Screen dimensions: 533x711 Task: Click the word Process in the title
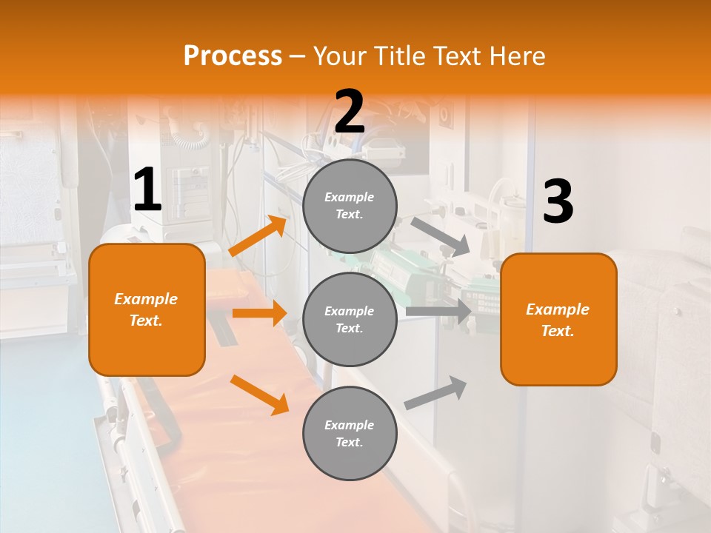(233, 56)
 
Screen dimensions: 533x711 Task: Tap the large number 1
(147, 190)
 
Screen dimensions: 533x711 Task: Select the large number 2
(350, 112)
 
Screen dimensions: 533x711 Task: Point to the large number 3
(558, 202)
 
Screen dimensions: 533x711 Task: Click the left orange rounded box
(147, 309)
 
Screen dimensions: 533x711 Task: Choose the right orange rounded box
(558, 319)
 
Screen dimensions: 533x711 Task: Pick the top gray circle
(350, 206)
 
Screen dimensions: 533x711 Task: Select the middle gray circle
(350, 319)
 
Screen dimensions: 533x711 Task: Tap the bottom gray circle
(350, 433)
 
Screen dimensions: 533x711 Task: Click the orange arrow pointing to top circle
(258, 236)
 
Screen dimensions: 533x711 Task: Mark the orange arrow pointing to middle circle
(259, 313)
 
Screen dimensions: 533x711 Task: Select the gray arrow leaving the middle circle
(438, 311)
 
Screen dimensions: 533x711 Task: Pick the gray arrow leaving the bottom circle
(436, 393)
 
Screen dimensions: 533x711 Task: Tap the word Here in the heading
(517, 56)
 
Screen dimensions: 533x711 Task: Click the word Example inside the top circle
(350, 197)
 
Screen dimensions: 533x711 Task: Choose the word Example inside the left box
(146, 299)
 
